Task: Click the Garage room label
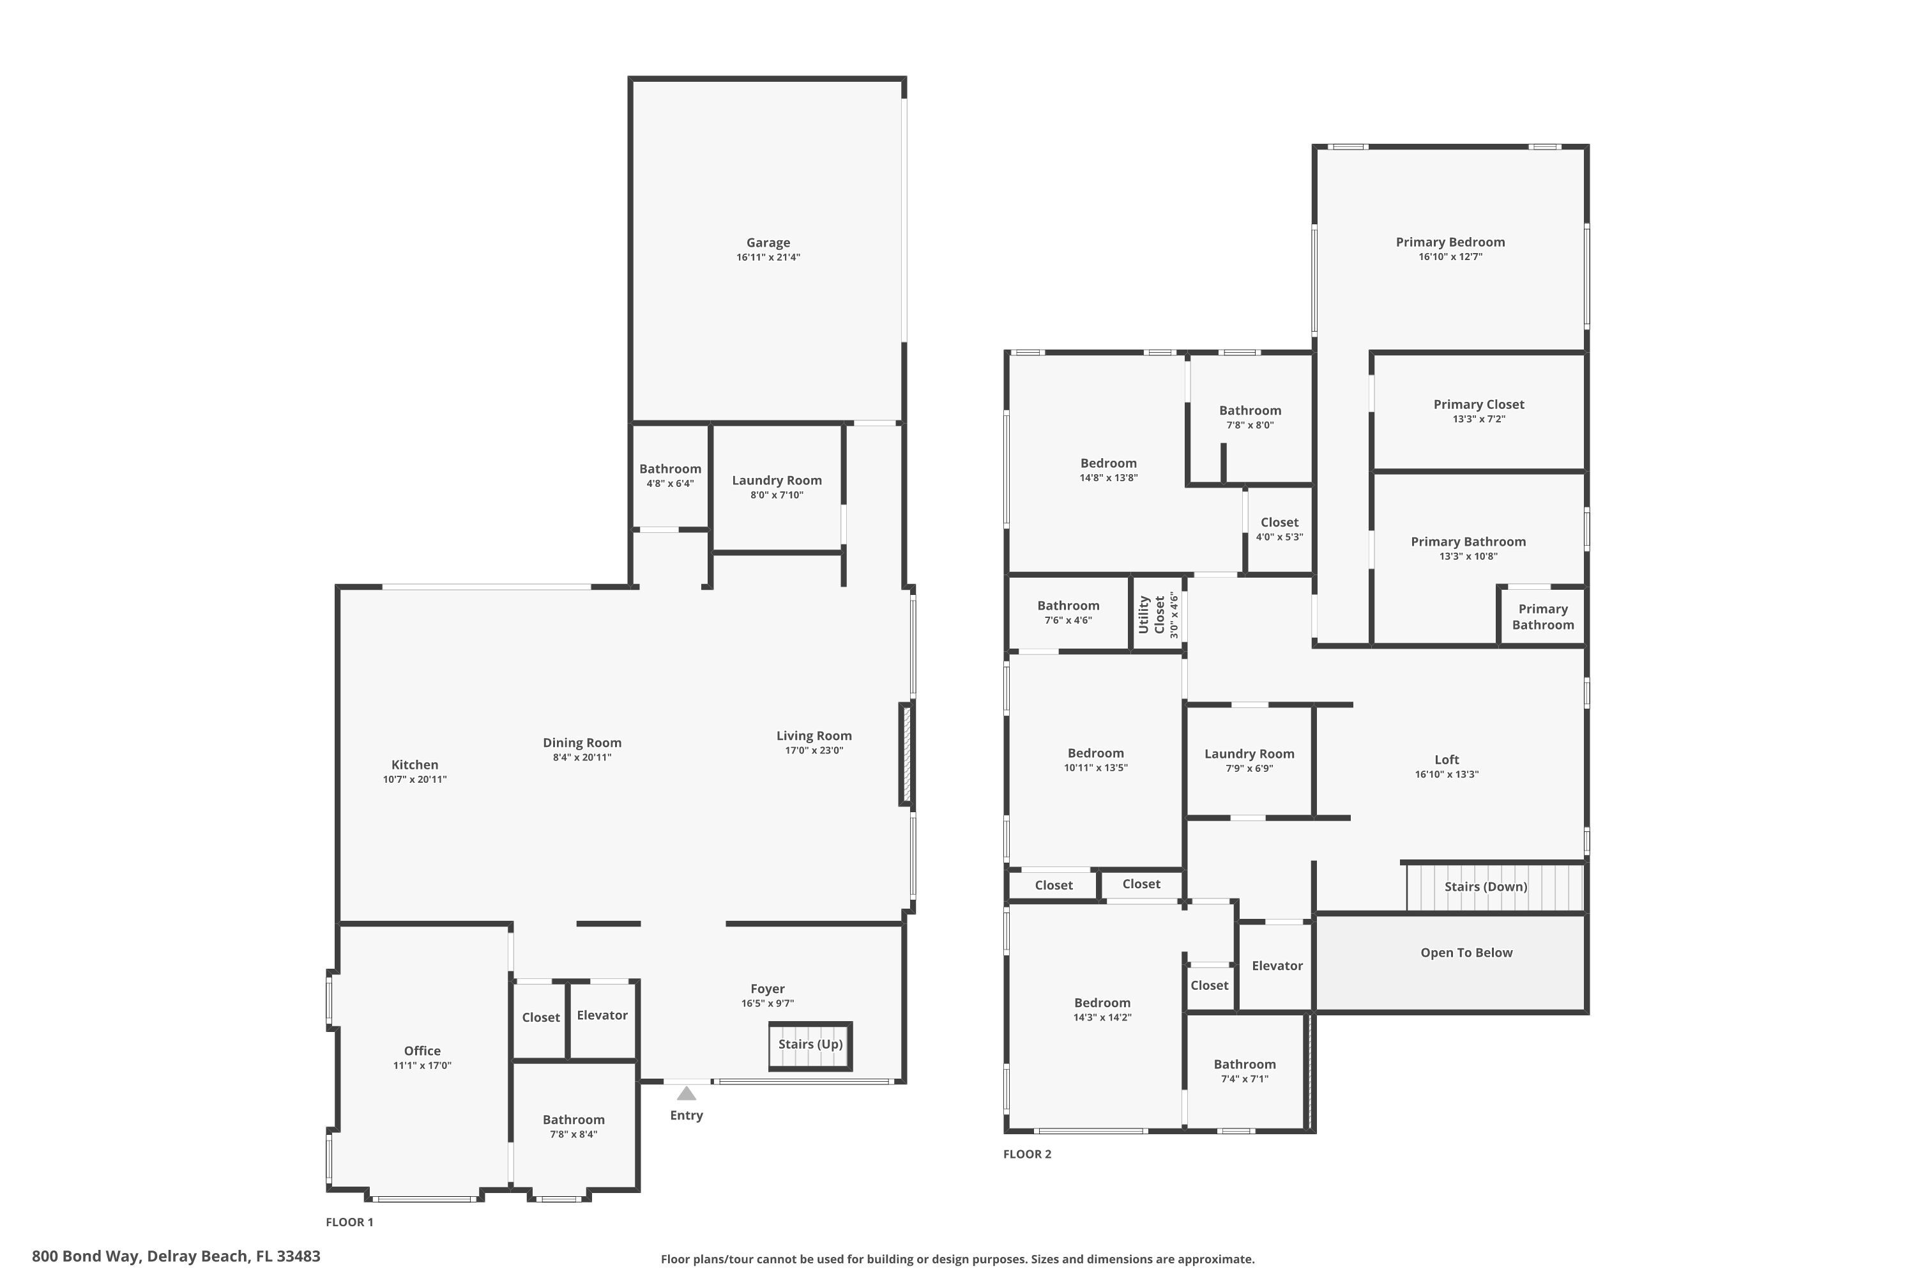point(768,243)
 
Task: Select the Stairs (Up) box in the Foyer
point(810,1045)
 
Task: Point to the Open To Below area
point(1466,953)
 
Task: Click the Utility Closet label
point(1152,615)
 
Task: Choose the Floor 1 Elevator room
point(602,1015)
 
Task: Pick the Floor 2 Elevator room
point(1277,966)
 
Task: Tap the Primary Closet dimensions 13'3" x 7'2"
point(1479,419)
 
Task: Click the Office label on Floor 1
point(422,1051)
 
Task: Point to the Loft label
point(1447,760)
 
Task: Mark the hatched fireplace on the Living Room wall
point(906,755)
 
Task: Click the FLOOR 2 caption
point(1026,1154)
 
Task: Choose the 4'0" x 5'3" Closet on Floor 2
point(1279,529)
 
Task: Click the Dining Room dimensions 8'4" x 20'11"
point(582,757)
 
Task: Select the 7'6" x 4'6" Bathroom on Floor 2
point(1068,612)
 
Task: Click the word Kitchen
point(414,764)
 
